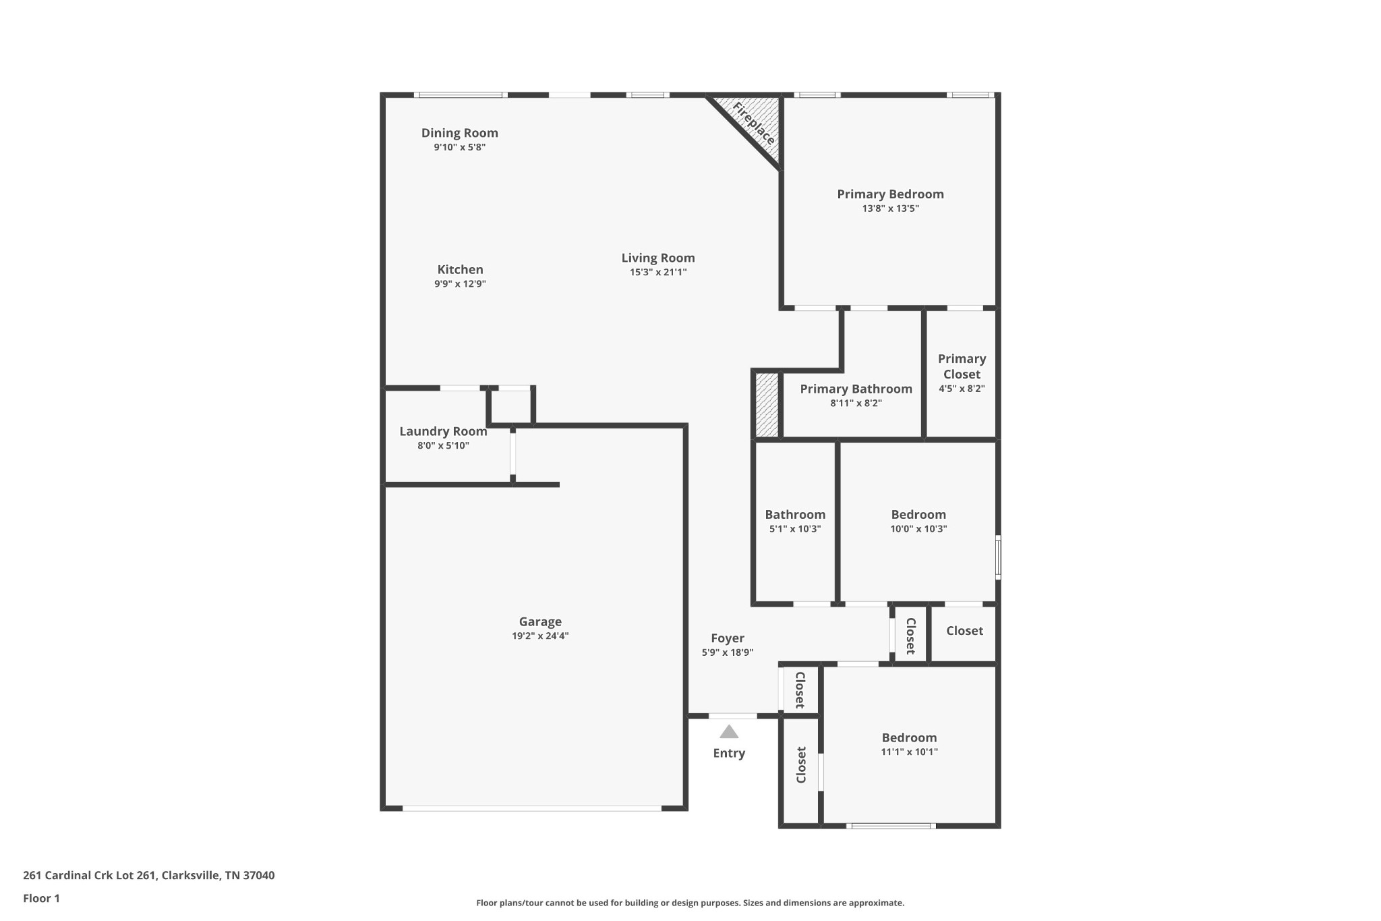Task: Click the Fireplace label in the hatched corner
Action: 754,123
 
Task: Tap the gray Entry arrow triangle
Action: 728,732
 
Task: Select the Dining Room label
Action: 460,133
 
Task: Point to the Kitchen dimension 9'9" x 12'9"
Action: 460,284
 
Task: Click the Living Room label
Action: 657,258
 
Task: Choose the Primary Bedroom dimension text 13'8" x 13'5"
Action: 890,208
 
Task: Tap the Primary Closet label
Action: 962,366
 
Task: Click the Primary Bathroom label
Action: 856,389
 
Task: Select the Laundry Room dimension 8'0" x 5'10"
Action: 443,445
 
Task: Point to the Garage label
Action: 540,621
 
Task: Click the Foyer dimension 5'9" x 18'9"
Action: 727,652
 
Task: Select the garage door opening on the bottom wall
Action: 531,808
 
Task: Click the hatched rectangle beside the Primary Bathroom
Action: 767,405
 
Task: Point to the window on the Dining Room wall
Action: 461,95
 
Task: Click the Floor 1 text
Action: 41,898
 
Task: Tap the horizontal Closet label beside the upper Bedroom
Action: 964,631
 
